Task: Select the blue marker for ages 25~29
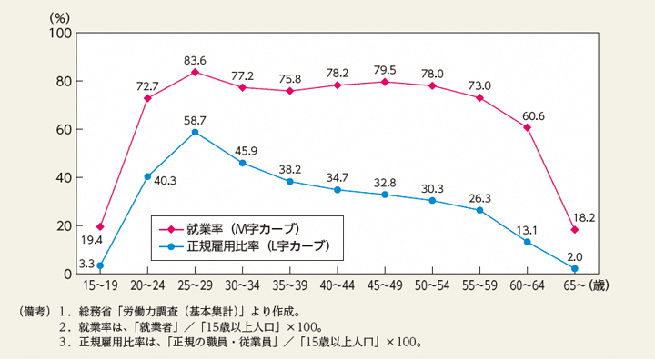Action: [x=195, y=132]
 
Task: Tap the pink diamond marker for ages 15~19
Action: [x=100, y=226]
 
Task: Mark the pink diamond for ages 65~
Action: [x=574, y=229]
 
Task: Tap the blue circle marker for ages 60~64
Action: [x=527, y=242]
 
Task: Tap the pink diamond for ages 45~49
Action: [x=385, y=82]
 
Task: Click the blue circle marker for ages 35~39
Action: [x=289, y=181]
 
